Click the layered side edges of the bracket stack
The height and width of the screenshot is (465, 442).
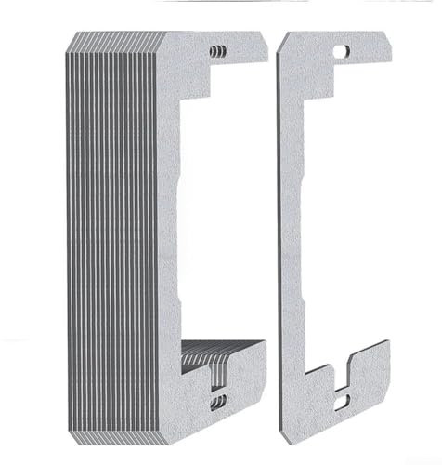coord(102,232)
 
